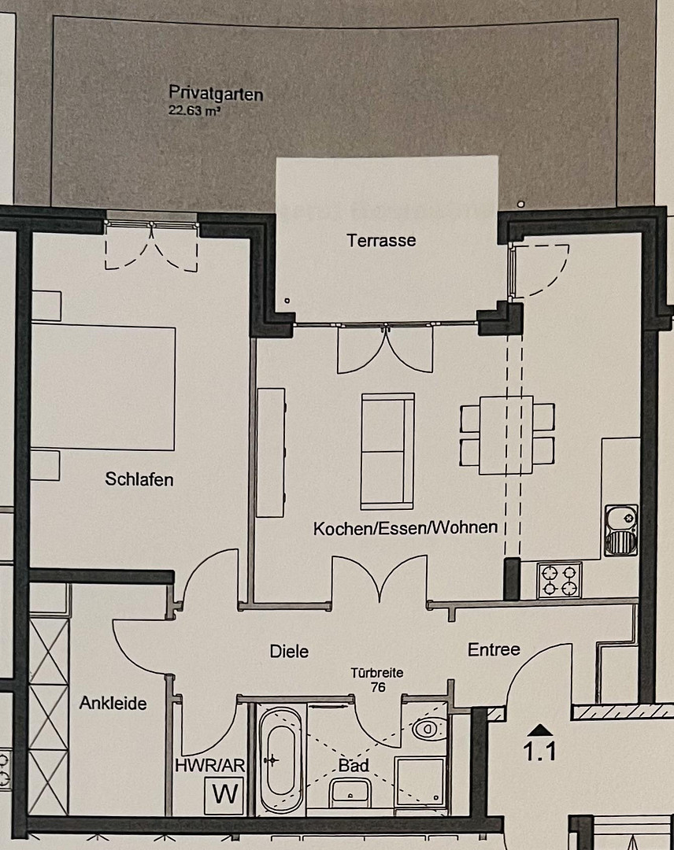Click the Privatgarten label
click(216, 94)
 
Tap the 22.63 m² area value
click(194, 111)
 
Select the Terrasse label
click(381, 240)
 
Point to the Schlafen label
click(139, 479)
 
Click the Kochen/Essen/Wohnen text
click(406, 528)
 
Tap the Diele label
click(289, 651)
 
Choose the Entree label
click(494, 649)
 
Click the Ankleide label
click(113, 703)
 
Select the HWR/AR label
click(210, 766)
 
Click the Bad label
click(354, 766)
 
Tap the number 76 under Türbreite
click(378, 687)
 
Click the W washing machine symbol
click(224, 795)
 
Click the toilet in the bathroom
click(430, 727)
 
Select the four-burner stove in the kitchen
click(560, 580)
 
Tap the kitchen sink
click(621, 530)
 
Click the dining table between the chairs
click(506, 434)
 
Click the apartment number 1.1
click(539, 752)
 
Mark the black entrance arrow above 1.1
click(539, 729)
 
